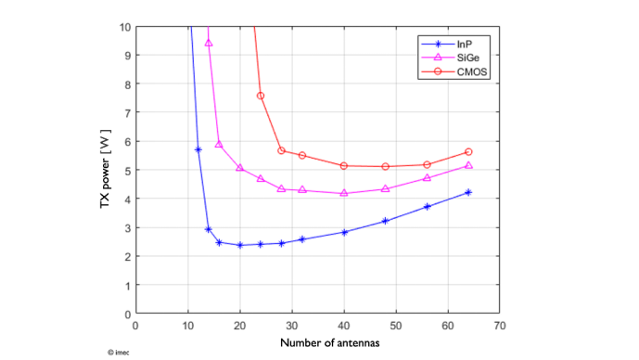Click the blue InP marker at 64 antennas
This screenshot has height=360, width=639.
tap(468, 192)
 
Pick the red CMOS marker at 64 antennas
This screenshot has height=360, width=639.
tap(468, 151)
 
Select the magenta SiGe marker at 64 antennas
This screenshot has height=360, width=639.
tap(468, 165)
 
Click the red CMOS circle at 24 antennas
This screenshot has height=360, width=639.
tap(261, 96)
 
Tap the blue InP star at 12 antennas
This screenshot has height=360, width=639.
tap(198, 149)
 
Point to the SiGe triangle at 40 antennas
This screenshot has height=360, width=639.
tap(344, 193)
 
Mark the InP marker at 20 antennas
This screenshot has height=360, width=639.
tap(239, 245)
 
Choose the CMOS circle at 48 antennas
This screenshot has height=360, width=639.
tap(385, 166)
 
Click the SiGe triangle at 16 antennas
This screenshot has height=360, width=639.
tap(219, 144)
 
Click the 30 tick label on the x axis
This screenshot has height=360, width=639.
tap(291, 326)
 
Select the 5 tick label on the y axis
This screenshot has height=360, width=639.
tap(127, 170)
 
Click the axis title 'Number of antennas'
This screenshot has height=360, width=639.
tap(318, 343)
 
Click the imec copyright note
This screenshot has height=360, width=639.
tap(119, 352)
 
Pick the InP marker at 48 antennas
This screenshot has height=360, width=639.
tap(385, 221)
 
